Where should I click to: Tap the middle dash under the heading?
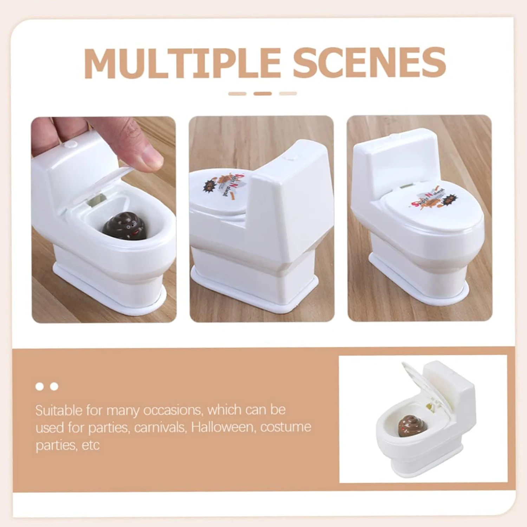click(x=262, y=93)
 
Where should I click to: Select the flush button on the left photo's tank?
click(x=71, y=144)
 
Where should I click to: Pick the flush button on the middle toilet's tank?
click(x=289, y=159)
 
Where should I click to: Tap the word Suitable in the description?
click(x=58, y=410)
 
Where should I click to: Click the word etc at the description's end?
click(x=91, y=445)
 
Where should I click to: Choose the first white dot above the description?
click(x=40, y=386)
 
